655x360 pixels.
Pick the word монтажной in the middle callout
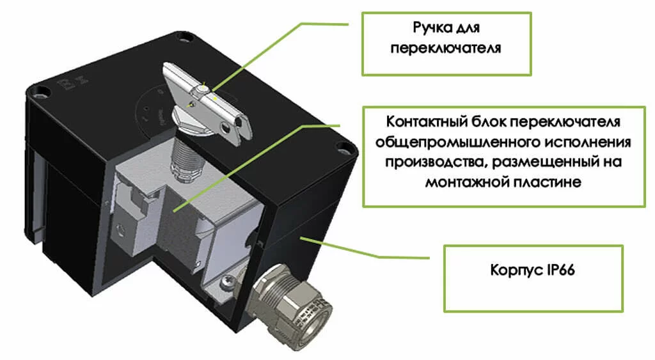pyautogui.click(x=462, y=182)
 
